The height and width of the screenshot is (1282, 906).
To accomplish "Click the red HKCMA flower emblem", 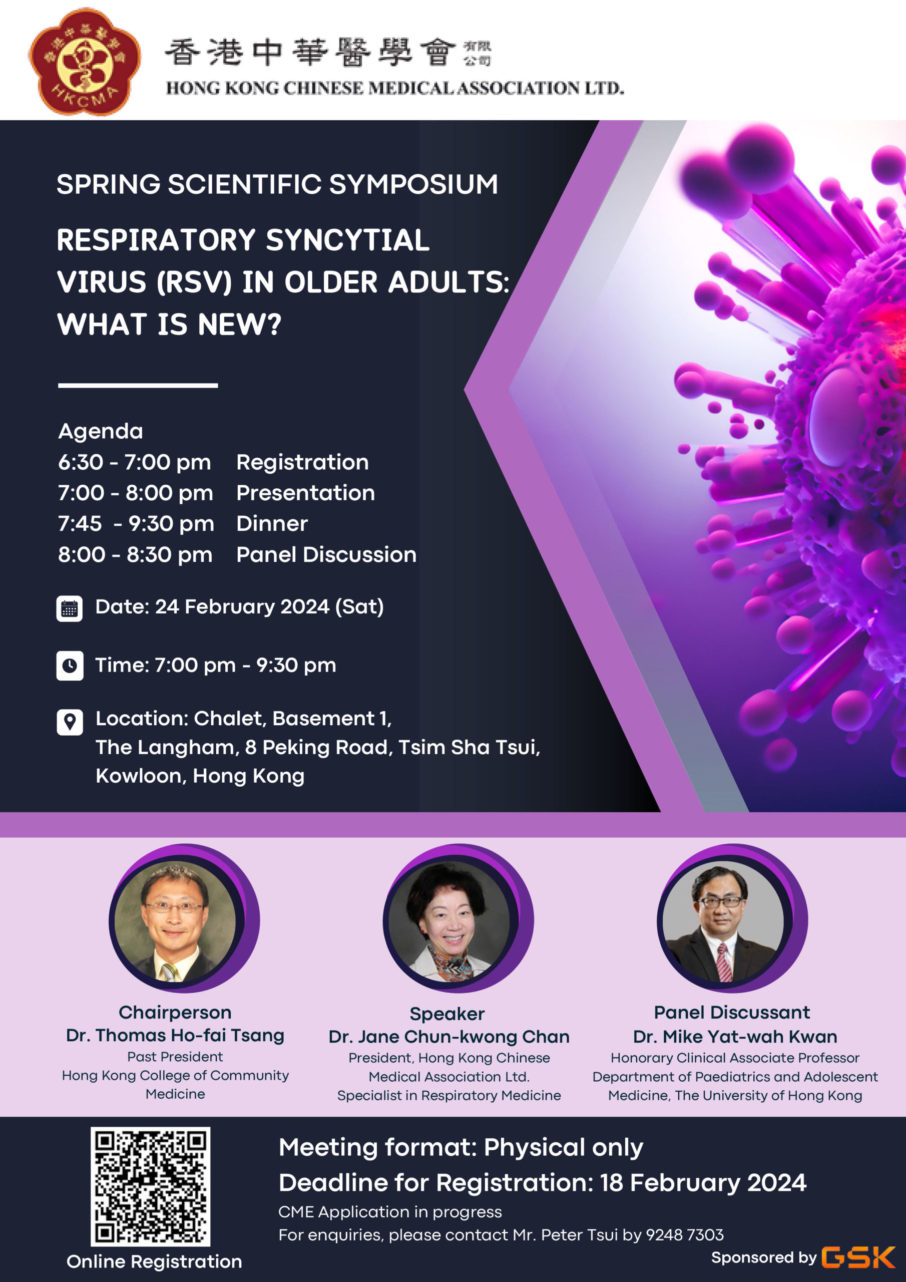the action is (x=84, y=62).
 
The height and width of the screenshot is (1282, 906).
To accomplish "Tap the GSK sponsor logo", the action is (x=858, y=1257).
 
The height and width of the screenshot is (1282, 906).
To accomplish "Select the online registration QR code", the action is (x=151, y=1186).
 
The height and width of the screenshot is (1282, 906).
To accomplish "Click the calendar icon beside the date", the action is (x=69, y=608).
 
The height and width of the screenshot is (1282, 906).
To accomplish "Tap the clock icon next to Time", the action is (x=70, y=666).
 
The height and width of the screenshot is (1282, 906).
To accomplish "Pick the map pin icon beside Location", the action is (x=70, y=722).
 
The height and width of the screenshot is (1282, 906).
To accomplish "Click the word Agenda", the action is (x=101, y=432).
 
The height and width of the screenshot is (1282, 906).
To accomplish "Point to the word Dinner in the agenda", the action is (x=272, y=524).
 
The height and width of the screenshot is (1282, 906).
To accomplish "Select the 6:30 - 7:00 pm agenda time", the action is (x=135, y=462).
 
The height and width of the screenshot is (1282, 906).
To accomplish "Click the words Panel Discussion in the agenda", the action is (x=326, y=555).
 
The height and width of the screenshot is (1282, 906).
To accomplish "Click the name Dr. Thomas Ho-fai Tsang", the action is (x=175, y=1036).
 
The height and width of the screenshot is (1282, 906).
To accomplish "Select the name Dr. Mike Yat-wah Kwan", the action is (x=735, y=1037).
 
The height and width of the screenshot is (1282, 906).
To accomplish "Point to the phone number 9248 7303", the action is (x=684, y=1234).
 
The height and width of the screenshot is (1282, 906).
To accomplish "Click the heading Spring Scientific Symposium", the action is (x=277, y=184).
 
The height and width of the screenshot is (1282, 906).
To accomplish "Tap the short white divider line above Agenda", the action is (x=138, y=385).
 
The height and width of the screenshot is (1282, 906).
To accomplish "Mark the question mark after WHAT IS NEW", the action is (x=275, y=325).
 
